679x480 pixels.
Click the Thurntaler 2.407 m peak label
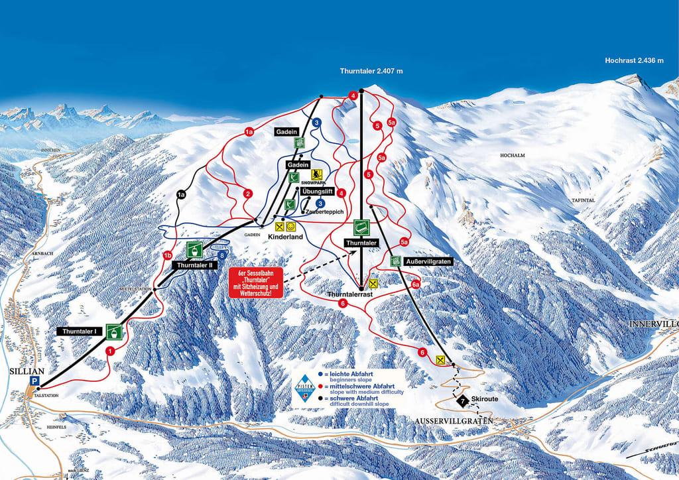(371, 71)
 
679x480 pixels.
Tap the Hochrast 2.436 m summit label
(634, 60)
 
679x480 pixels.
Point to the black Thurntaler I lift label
(79, 330)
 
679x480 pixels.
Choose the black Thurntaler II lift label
(194, 265)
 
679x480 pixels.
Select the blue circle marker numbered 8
(222, 254)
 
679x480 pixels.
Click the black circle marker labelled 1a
(180, 195)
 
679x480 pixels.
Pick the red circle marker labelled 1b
(167, 255)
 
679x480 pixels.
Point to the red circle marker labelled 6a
(416, 284)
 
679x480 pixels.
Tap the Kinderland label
(285, 236)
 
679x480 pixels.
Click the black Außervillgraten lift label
(428, 261)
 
